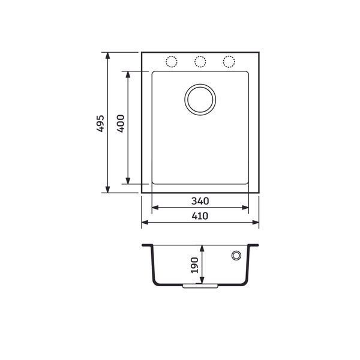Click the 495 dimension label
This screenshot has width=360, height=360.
[100, 124]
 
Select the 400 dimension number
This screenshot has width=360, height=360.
[121, 124]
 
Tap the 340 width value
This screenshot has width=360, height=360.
[200, 201]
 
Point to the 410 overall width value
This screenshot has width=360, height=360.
[200, 216]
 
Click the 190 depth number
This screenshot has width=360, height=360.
[194, 265]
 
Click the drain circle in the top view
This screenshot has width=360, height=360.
[200, 84]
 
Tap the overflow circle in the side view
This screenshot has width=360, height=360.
[236, 251]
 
